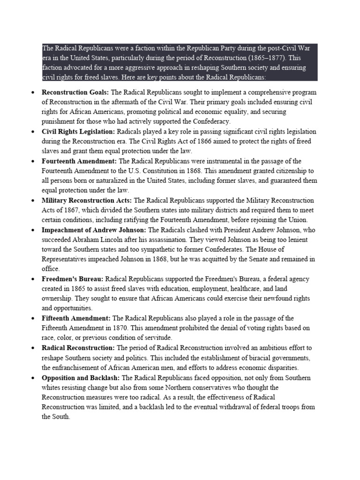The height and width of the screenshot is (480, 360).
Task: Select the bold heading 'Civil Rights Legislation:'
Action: [78, 132]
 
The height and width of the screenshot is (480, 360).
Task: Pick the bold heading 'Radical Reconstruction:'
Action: [78, 348]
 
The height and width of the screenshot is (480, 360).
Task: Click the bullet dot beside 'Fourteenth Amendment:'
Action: [32, 161]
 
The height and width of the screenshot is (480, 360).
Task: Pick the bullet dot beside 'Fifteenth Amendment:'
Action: [32, 319]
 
